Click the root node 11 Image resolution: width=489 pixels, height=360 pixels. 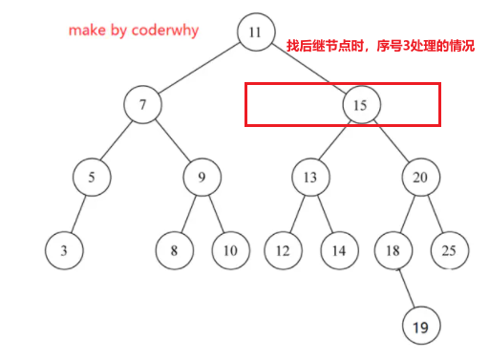tap(254, 32)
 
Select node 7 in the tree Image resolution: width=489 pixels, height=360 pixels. tap(142, 105)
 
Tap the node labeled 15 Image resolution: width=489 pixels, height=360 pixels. tap(360, 105)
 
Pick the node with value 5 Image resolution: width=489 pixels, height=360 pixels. tap(92, 178)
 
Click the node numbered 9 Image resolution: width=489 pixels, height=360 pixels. tap(202, 178)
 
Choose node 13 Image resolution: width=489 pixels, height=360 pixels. tap(310, 178)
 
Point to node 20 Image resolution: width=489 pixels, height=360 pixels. tap(420, 178)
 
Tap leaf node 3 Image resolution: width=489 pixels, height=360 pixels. tap(63, 251)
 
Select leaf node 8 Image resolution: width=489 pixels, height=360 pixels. tap(175, 251)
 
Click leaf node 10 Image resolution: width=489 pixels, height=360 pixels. tap(229, 251)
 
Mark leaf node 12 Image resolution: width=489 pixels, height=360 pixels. tap(283, 251)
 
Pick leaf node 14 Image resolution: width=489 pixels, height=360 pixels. tap(338, 251)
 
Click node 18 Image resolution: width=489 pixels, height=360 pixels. tap(393, 251)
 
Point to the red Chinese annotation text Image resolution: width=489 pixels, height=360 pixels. tap(380, 46)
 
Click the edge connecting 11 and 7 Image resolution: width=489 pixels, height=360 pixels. tap(199, 69)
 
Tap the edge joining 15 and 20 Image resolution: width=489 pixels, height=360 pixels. tap(391, 141)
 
